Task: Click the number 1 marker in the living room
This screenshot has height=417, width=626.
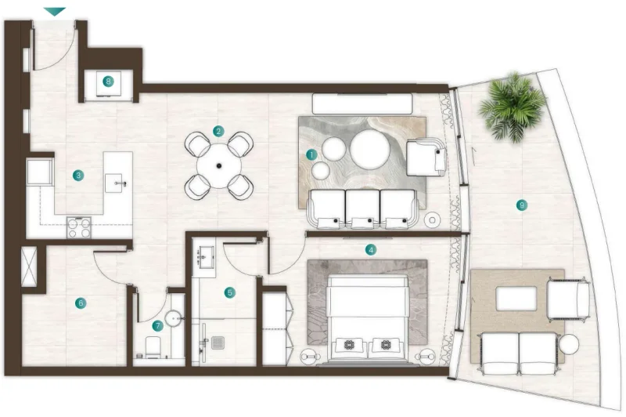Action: (311, 154)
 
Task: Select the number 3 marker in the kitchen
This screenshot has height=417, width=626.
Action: (78, 175)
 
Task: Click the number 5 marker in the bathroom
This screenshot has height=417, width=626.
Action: (229, 292)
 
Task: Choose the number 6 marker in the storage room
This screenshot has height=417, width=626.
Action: (80, 302)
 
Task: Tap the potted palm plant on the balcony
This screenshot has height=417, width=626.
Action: (513, 107)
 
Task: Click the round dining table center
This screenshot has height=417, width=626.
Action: (219, 165)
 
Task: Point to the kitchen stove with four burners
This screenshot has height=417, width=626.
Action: (78, 227)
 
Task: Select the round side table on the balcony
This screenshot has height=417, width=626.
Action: (569, 343)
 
